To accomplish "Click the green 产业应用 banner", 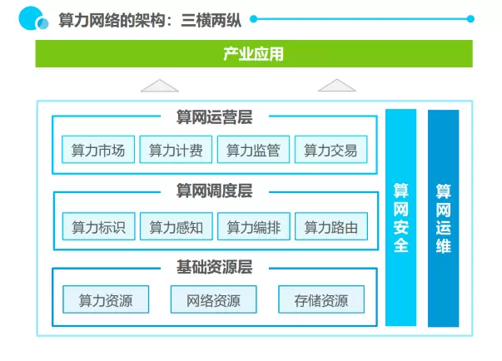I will (253, 54).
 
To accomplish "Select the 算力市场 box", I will (98, 151).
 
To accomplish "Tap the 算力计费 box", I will (176, 151).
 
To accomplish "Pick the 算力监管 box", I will (253, 151).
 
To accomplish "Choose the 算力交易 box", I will (331, 151).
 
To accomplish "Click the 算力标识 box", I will (98, 226).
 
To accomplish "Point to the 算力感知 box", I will (176, 226).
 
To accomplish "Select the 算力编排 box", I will (253, 226).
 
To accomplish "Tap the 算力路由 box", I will (331, 226).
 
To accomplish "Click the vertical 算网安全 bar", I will (400, 219).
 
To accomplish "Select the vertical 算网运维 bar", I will (443, 219).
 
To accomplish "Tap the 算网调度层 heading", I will (214, 191).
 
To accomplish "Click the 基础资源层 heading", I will (214, 267).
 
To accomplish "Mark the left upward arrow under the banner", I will (160, 85).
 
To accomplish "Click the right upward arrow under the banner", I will (336, 85).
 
